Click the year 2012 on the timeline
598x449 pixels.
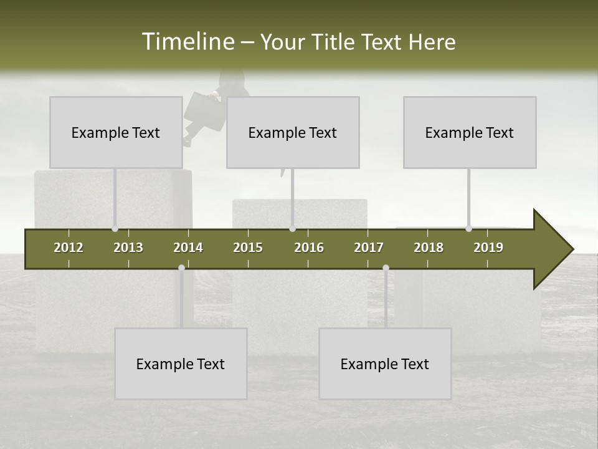[x=69, y=248]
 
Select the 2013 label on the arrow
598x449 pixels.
[x=128, y=248]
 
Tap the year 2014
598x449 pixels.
[x=188, y=248]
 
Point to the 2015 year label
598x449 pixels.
[x=248, y=248]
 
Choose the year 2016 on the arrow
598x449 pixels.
[x=309, y=248]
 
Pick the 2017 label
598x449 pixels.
[x=369, y=248]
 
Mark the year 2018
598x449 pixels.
[x=429, y=248]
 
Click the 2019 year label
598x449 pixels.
[x=488, y=248]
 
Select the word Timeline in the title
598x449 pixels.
[x=187, y=42]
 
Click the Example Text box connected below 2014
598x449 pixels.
[x=181, y=364]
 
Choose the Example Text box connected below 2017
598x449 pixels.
[x=385, y=364]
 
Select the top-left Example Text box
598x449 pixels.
[x=116, y=132]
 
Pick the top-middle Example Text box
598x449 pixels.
[x=293, y=132]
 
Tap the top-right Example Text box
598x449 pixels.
[x=470, y=132]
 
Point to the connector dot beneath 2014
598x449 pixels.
[x=181, y=268]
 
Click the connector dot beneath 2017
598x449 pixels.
[x=386, y=268]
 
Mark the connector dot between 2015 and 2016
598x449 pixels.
[x=292, y=228]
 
